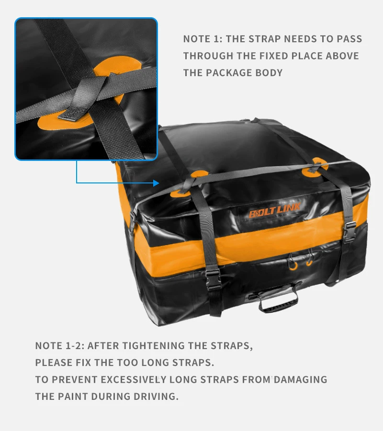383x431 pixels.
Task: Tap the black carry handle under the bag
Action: [279, 300]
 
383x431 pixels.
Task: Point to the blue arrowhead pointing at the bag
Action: [156, 182]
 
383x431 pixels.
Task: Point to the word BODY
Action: [270, 73]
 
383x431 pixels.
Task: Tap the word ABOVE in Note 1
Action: [342, 56]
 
